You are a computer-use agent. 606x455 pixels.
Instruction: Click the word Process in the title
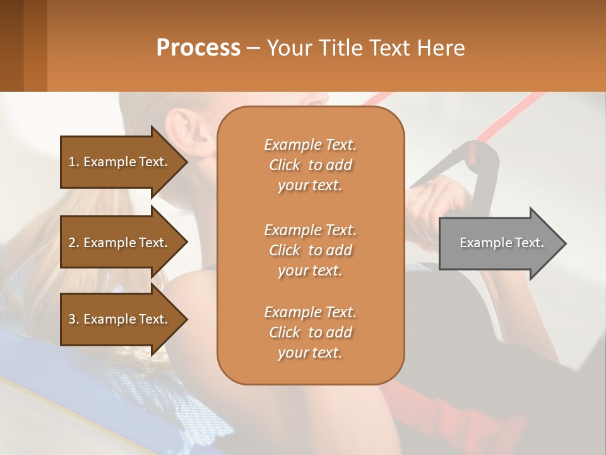click(198, 48)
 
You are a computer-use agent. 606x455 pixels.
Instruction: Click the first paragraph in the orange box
click(310, 165)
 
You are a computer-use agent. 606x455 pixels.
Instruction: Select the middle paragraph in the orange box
click(310, 250)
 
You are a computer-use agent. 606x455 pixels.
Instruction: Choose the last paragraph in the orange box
click(310, 332)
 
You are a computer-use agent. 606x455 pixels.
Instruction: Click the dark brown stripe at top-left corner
click(11, 45)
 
